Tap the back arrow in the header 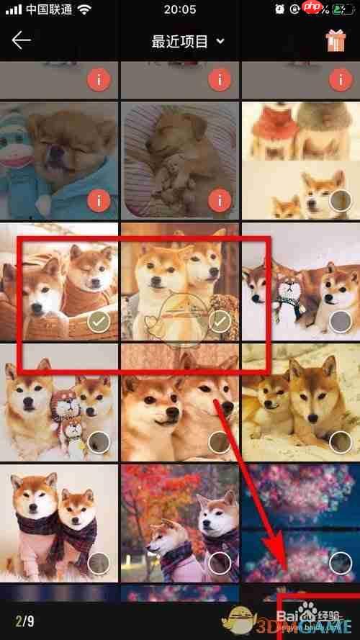[21, 40]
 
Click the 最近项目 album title [180, 41]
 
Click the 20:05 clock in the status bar [180, 9]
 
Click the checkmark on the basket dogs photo [99, 323]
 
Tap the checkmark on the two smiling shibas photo [221, 322]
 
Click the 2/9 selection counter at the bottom [24, 620]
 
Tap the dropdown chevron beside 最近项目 [220, 41]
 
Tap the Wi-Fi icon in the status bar [84, 9]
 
